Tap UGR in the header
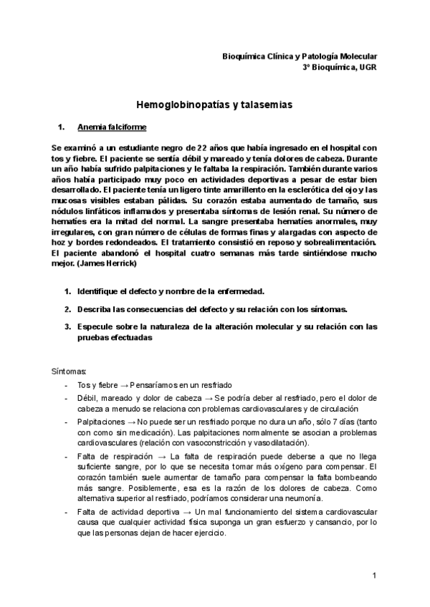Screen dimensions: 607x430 tap(365, 67)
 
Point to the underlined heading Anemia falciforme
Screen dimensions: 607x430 tap(112, 127)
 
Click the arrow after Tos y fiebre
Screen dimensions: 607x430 tap(125, 385)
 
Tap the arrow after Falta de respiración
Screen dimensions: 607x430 tap(162, 455)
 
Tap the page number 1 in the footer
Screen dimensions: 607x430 tap(374, 576)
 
